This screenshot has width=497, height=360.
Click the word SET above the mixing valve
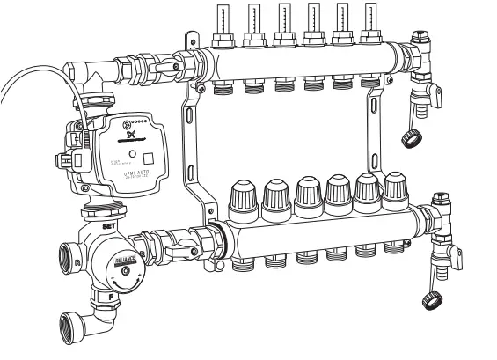110,227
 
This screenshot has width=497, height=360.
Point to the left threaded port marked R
68,261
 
